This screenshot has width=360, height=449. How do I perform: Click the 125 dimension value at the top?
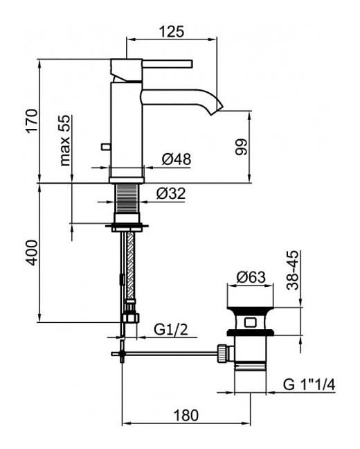(x=172, y=31)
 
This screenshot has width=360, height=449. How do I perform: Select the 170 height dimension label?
(x=32, y=121)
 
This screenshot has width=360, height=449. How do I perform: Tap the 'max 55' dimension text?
(x=64, y=140)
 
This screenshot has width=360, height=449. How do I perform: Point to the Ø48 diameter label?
(x=177, y=159)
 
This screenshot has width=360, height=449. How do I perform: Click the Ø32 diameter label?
(x=171, y=194)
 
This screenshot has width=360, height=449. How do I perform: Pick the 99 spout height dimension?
(x=241, y=147)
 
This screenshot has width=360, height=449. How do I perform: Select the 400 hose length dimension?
(x=32, y=252)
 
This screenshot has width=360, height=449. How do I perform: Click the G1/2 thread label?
(x=171, y=330)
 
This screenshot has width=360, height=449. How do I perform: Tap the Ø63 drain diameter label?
(x=251, y=277)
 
